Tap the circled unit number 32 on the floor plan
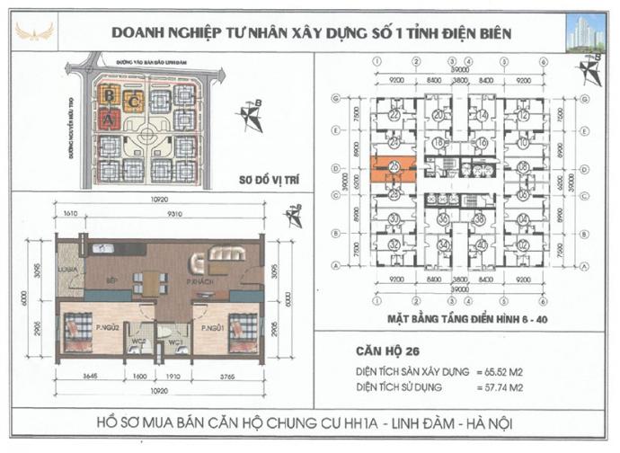click(x=394, y=244)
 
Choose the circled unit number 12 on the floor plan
click(x=522, y=244)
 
